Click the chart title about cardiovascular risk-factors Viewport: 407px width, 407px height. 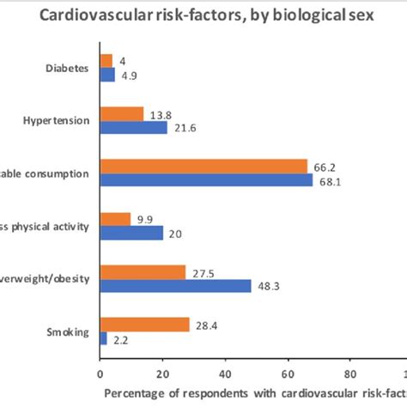(203, 16)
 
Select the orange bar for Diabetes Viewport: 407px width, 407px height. (106, 61)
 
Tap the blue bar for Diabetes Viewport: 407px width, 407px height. (107, 75)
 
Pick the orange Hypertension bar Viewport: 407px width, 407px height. (122, 113)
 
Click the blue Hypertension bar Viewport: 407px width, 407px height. (134, 127)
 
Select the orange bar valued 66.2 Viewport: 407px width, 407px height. (203, 166)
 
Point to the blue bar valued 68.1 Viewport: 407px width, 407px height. (207, 180)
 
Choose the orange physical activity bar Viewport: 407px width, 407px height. (116, 219)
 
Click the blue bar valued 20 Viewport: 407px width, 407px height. (131, 233)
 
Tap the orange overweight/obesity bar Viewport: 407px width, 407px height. (143, 272)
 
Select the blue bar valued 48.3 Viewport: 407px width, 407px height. (176, 286)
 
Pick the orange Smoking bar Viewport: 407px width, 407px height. (144, 325)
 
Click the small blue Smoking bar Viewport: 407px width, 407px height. (104, 338)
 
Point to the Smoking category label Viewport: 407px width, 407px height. (69, 331)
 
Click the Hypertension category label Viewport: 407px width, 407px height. (58, 120)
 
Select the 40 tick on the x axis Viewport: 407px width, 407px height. (225, 374)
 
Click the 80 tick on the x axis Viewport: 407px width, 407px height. (349, 374)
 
